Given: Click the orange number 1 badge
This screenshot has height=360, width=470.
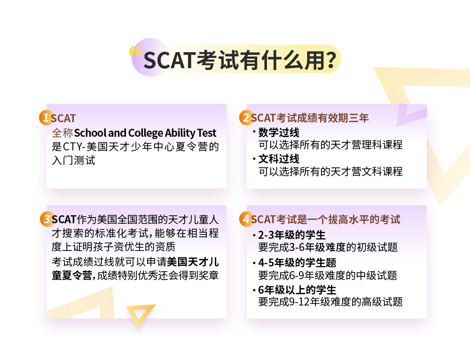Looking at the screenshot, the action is (45, 117).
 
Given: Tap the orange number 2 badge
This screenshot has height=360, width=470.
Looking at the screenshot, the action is (245, 117).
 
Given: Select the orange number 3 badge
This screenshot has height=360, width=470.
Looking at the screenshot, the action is (47, 219).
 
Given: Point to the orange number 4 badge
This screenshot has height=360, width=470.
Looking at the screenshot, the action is (245, 219).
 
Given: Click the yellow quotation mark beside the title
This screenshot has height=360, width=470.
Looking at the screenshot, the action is (135, 51).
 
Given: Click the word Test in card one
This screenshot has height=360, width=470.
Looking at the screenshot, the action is (207, 133).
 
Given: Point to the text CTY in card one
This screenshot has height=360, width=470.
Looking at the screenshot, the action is (73, 147).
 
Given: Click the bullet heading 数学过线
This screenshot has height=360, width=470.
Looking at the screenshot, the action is (279, 133).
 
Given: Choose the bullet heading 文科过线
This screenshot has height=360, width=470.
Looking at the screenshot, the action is (279, 159).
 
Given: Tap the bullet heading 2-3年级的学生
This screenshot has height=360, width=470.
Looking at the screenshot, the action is (292, 235).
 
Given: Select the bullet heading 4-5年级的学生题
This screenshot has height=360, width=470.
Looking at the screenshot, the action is (298, 263).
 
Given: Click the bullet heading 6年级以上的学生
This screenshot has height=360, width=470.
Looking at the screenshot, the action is (297, 290).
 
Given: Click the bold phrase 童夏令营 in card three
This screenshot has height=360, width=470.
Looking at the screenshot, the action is (72, 275).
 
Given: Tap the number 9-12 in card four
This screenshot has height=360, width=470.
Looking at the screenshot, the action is (299, 302).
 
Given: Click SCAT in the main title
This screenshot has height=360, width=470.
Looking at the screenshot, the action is (169, 61).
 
